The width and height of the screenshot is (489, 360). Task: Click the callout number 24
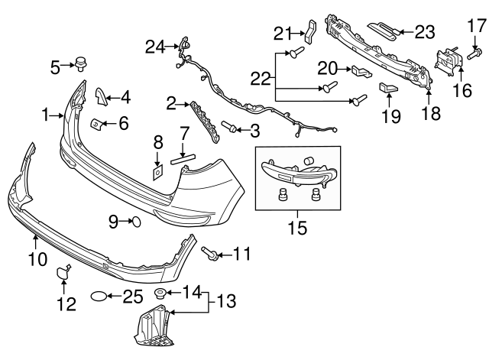[x=155, y=47]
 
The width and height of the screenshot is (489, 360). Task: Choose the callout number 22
[x=261, y=78]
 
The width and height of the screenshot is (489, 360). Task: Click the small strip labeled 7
[x=185, y=160]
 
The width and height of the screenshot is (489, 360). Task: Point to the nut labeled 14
[x=160, y=294]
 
